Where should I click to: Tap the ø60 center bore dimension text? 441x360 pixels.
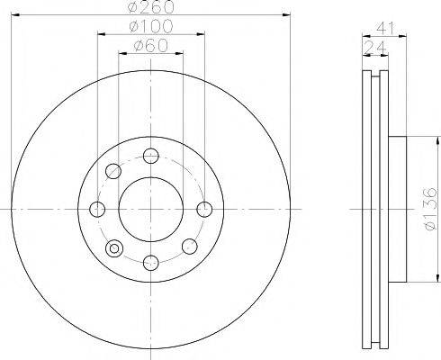click(x=151, y=45)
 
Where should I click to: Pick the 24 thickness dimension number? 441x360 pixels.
click(x=371, y=46)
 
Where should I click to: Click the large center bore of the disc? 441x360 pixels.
click(x=151, y=209)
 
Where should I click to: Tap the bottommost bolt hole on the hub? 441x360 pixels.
click(x=151, y=262)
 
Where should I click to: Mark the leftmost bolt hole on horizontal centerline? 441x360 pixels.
click(x=97, y=209)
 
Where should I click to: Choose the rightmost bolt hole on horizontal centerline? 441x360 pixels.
click(x=205, y=209)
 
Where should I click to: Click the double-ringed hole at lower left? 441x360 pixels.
click(x=113, y=247)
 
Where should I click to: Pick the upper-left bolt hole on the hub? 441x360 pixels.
click(x=113, y=171)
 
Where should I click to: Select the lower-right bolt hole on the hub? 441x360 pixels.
click(x=189, y=247)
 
